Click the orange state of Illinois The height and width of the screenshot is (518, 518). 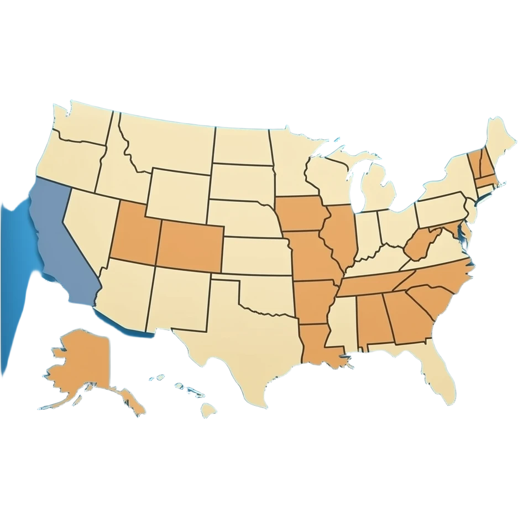340,232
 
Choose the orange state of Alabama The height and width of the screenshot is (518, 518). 373,321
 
